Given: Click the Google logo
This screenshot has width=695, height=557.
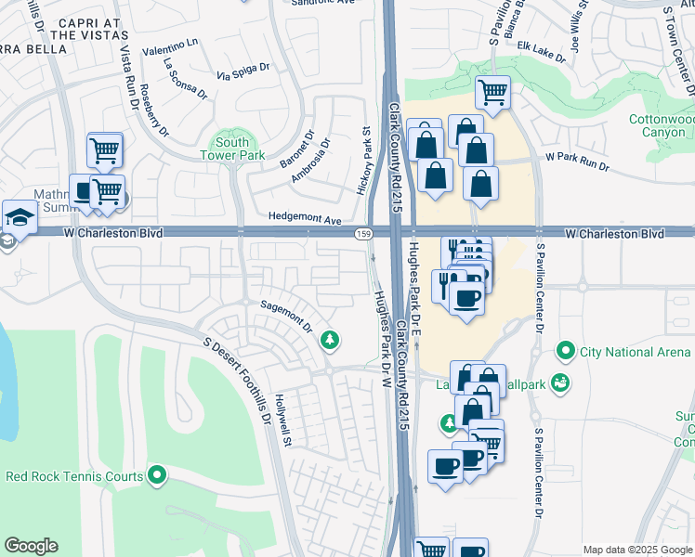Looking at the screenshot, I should pyautogui.click(x=31, y=546).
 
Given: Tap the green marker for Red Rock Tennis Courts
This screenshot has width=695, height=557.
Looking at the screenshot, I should pyautogui.click(x=157, y=477).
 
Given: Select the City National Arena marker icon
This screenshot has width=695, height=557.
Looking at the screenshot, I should pyautogui.click(x=564, y=352).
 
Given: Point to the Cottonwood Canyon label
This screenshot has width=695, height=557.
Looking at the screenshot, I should pyautogui.click(x=662, y=126).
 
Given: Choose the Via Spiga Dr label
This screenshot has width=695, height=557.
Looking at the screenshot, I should pyautogui.click(x=243, y=72).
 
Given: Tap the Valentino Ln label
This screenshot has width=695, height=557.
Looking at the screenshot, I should pyautogui.click(x=169, y=45).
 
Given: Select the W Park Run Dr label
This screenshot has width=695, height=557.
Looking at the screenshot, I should pyautogui.click(x=577, y=162).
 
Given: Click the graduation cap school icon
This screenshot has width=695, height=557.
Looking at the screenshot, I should pyautogui.click(x=18, y=218).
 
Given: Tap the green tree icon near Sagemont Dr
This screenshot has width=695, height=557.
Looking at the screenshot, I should pyautogui.click(x=329, y=341).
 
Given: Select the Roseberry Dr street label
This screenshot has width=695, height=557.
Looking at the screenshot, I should pyautogui.click(x=154, y=110).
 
